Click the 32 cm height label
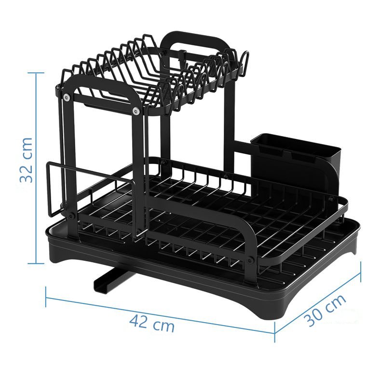pos(26,160)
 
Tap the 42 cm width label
pos(151,323)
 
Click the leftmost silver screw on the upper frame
pos(66,98)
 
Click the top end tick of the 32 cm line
pos(36,73)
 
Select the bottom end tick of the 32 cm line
pos(36,263)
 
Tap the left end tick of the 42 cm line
pos(46,297)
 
